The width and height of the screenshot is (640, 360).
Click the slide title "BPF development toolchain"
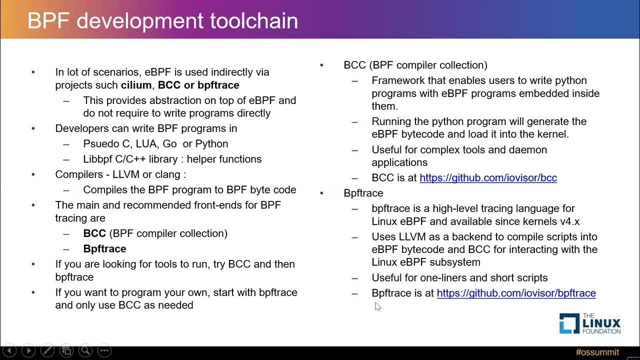pos(162,21)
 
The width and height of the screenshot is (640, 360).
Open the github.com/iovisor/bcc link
pos(488,178)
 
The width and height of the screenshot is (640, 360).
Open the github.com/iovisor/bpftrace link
pos(516,293)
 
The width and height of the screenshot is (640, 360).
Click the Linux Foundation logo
pos(589,323)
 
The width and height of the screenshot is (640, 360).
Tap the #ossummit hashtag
pos(597,352)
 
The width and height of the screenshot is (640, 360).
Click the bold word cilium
pos(136,85)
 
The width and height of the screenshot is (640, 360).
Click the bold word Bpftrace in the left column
pos(104,249)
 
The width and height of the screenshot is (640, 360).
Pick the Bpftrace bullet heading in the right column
pos(363,193)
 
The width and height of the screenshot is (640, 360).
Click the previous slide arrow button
pos(9,351)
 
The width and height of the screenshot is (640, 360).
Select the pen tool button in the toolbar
pos(47,351)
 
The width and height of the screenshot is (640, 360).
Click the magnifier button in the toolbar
pos(85,351)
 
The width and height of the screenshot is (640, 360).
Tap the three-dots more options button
pos(104,351)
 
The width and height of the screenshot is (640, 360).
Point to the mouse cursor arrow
pos(377,306)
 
